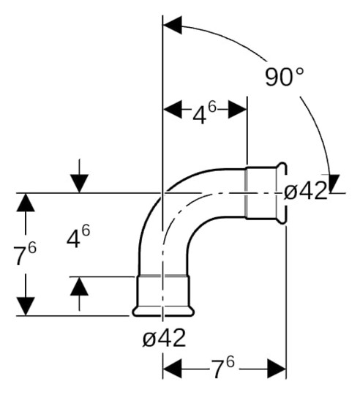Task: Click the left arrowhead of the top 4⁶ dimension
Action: coord(171,110)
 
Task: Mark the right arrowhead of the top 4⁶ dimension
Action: coord(239,110)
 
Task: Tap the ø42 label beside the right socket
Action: coord(305,192)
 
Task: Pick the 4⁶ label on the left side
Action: coord(78,237)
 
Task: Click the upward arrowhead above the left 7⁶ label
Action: coord(26,203)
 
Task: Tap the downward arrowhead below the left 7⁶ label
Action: coord(26,306)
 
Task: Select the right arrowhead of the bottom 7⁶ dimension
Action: coord(277,369)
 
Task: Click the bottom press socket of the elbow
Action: coord(163,296)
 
